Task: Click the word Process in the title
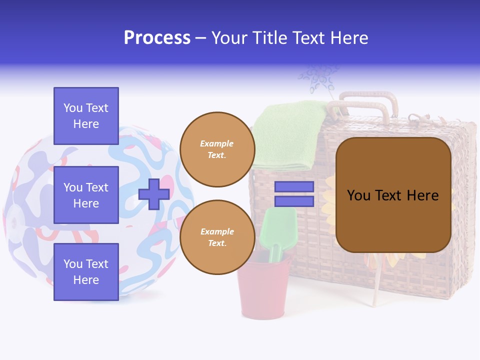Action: coord(157,37)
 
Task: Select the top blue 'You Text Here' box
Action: coord(86,116)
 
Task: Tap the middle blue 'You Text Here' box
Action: coord(86,195)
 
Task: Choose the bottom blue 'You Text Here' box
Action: coord(86,272)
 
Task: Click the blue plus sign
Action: coord(154,194)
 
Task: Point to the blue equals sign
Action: coord(294,194)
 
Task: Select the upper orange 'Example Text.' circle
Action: coord(217,149)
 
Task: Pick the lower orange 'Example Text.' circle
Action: coord(217,237)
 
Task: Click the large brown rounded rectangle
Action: coord(393,195)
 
